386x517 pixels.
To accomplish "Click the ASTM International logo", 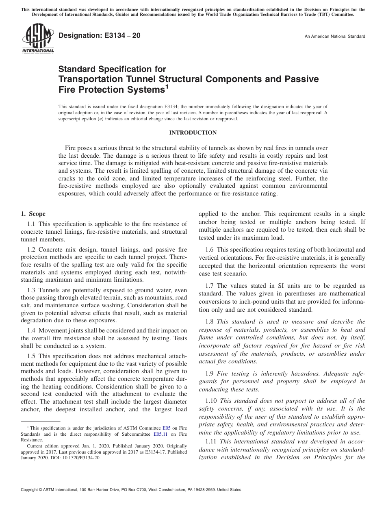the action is click(38, 39).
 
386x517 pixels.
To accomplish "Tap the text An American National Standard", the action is click(334, 37).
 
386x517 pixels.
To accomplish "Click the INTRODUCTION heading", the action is click(193, 133).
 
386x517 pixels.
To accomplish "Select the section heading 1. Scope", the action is click(33, 214).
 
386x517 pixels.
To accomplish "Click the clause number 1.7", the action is click(209, 286).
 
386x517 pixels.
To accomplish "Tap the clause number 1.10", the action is click(211, 401).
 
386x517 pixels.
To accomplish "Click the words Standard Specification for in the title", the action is click(112, 69).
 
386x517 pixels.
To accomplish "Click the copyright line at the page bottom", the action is click(130, 490).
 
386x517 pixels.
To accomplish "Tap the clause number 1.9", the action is click(209, 374).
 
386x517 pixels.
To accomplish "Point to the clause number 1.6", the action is click(209, 250).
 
